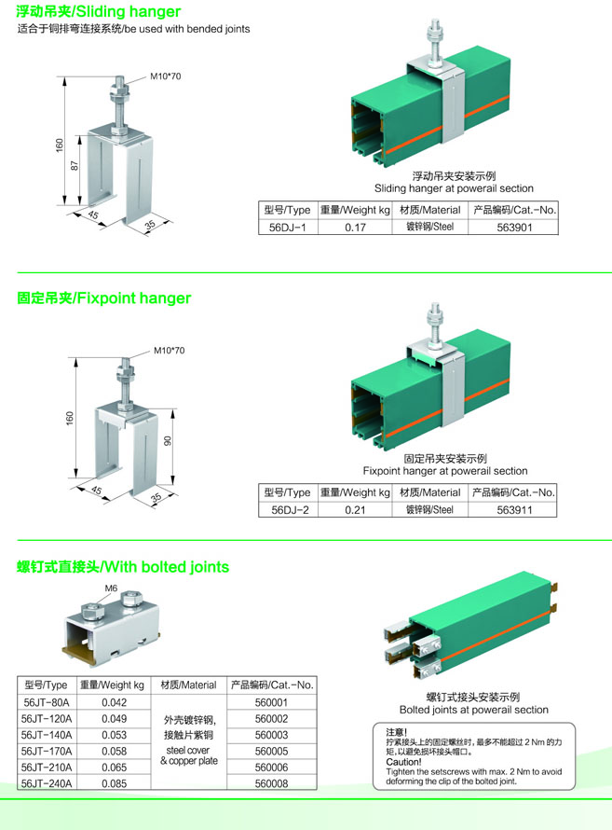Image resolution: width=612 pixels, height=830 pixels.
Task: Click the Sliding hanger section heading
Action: pyautogui.click(x=100, y=12)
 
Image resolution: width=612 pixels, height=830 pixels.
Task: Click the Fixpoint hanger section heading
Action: pyautogui.click(x=104, y=298)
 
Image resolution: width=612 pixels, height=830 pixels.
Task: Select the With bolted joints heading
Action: pyautogui.click(x=123, y=567)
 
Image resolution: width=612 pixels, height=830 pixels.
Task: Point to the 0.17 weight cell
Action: pyautogui.click(x=354, y=227)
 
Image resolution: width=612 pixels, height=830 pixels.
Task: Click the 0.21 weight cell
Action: pyautogui.click(x=354, y=509)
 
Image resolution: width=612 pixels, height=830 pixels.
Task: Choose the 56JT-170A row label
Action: pyautogui.click(x=46, y=750)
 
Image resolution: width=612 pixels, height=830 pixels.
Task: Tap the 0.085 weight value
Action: pyautogui.click(x=113, y=783)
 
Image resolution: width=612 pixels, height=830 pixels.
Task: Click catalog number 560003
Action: pyautogui.click(x=271, y=734)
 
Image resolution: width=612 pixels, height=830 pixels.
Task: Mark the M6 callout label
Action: pyautogui.click(x=111, y=588)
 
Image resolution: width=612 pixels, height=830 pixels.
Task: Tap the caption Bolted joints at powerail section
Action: pyautogui.click(x=474, y=710)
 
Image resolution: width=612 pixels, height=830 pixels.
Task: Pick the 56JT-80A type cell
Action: pyautogui.click(x=46, y=702)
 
